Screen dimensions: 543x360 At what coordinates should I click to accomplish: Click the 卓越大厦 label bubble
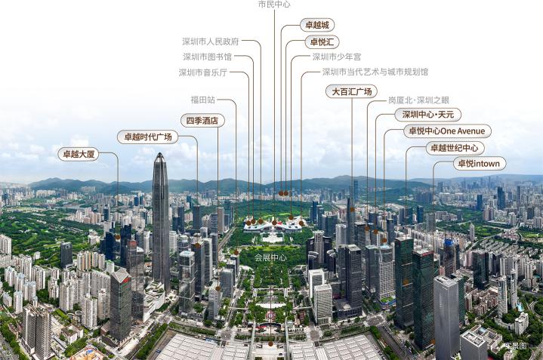(x=79, y=154)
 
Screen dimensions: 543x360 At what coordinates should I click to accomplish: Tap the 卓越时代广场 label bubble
(x=148, y=137)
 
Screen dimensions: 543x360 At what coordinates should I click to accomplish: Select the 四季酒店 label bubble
(x=202, y=121)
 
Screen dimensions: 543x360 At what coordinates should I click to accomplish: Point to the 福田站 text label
(x=203, y=100)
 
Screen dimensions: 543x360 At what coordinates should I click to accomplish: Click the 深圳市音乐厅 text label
(x=203, y=72)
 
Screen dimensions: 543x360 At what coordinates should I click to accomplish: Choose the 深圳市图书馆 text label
(x=208, y=57)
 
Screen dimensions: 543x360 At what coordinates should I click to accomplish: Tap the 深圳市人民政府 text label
(x=211, y=42)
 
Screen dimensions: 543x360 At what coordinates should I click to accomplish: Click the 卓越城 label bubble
(x=317, y=25)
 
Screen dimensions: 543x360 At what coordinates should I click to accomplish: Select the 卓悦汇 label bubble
(x=322, y=42)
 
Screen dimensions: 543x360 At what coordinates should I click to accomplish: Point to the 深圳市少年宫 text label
(x=337, y=57)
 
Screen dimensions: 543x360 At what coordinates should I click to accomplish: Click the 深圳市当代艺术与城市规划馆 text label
(x=375, y=72)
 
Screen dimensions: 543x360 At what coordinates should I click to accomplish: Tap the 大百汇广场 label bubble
(x=351, y=91)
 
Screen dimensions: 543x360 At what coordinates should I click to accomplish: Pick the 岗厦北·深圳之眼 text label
(x=418, y=100)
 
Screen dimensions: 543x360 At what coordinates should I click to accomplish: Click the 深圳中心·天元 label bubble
(x=428, y=115)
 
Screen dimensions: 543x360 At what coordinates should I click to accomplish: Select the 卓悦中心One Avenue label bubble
(x=447, y=131)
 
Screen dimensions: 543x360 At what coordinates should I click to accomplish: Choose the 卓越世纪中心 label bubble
(x=455, y=148)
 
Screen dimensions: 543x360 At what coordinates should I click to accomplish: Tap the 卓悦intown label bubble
(x=480, y=163)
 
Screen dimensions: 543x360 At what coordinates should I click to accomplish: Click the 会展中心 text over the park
(x=270, y=257)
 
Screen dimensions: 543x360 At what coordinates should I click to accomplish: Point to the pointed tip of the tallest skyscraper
(x=159, y=153)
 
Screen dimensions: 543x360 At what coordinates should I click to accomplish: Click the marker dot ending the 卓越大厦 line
(x=118, y=237)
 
